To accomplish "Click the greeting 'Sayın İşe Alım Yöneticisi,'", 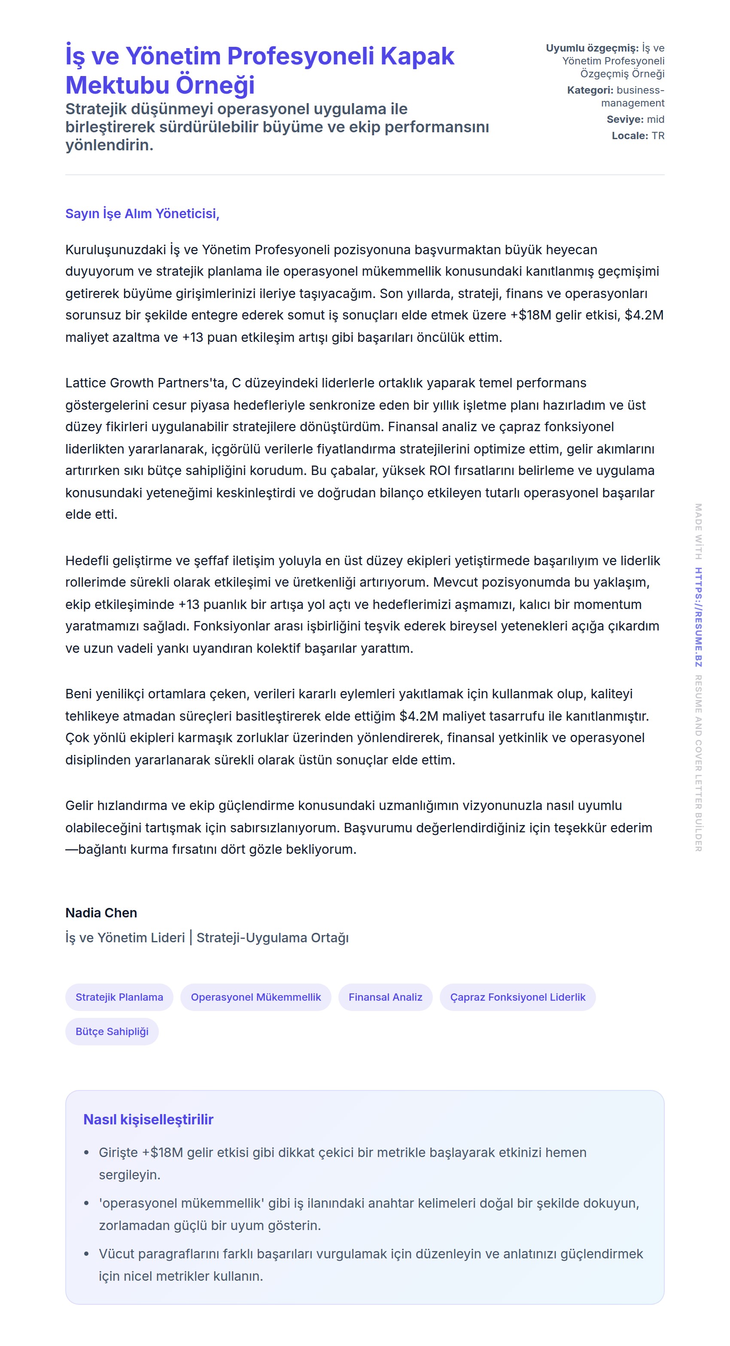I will point(142,214).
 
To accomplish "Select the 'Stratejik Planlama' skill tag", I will point(119,997).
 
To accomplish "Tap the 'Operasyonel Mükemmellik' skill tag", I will point(255,997).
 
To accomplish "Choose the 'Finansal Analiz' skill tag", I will point(385,997).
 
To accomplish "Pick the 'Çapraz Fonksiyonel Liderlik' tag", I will point(517,997).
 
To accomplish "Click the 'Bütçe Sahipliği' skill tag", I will point(112,1032).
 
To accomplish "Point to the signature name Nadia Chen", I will point(101,913).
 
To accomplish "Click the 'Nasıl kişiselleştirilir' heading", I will point(149,1119).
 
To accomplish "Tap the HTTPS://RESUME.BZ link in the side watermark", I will point(698,617).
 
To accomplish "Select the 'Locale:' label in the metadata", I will point(630,136).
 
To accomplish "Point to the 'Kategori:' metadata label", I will point(590,90).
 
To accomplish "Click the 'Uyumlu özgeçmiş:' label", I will point(592,48).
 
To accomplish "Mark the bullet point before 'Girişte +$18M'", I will point(87,1153).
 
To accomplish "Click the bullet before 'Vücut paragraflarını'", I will point(87,1254).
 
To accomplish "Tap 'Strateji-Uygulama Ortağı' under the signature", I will point(272,938).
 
